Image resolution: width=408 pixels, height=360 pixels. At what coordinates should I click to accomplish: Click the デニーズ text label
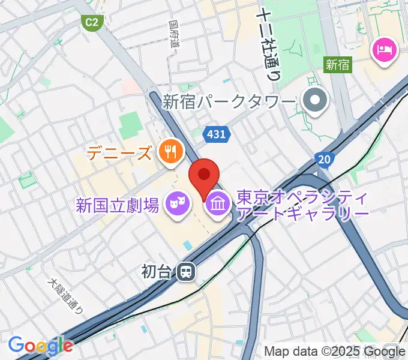(x=119, y=154)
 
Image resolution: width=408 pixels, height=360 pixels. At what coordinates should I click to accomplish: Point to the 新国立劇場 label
(x=118, y=206)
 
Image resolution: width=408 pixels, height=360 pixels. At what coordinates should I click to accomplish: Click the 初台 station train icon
(x=186, y=272)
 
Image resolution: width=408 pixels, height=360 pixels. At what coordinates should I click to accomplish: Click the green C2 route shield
(x=91, y=23)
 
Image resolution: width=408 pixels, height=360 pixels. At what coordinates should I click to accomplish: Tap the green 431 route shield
(x=215, y=134)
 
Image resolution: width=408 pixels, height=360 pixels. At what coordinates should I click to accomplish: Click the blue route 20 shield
(x=324, y=159)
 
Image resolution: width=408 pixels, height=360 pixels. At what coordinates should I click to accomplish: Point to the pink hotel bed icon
(x=385, y=49)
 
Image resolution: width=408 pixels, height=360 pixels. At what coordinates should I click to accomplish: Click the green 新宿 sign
(x=338, y=64)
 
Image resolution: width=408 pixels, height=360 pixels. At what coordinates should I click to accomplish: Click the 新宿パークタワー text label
(x=230, y=101)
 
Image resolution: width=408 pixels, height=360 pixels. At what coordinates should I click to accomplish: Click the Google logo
(x=40, y=345)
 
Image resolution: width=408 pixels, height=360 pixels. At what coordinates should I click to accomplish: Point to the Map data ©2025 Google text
(x=335, y=351)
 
